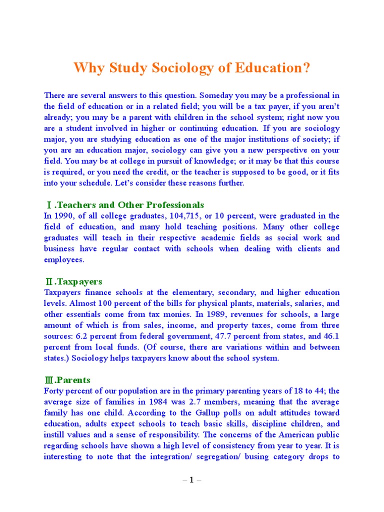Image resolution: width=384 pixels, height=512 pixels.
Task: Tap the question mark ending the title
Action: pyautogui.click(x=306, y=68)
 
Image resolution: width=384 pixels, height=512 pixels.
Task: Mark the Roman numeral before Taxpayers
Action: pyautogui.click(x=49, y=282)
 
